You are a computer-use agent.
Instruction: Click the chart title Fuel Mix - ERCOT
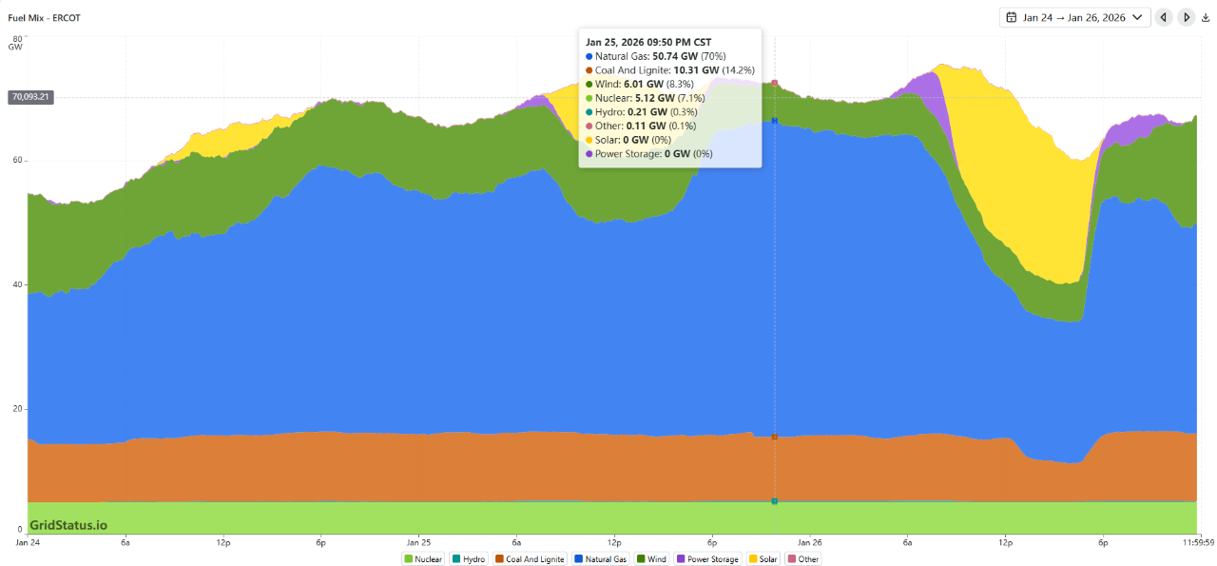click(44, 17)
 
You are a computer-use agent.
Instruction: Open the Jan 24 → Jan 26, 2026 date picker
click(1074, 17)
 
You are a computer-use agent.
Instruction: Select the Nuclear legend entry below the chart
click(423, 559)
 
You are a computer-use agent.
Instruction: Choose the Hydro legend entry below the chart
click(469, 559)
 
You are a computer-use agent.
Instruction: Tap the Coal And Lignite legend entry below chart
click(530, 559)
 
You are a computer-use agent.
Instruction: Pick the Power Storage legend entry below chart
click(706, 559)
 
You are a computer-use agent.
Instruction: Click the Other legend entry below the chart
click(802, 559)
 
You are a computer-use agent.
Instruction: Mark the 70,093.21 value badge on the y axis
click(30, 97)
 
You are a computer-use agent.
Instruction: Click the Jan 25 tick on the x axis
click(418, 542)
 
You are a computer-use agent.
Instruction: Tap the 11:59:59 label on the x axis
click(1197, 542)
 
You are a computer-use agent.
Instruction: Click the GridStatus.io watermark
click(68, 525)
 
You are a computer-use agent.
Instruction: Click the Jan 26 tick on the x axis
click(810, 542)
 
